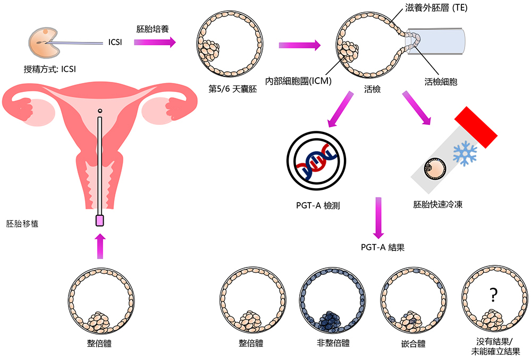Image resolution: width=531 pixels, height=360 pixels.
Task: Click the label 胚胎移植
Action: coord(22,223)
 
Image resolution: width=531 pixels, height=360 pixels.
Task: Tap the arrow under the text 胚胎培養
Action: coord(155,42)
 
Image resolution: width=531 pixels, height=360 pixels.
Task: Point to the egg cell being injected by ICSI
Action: coord(41,44)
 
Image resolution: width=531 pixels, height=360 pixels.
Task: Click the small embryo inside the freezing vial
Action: coord(433,170)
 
